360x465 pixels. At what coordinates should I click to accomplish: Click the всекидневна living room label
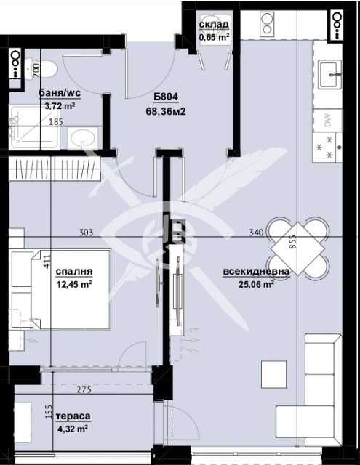point(257,272)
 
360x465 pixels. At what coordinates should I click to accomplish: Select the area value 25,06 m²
point(255,285)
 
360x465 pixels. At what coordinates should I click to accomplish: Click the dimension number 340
point(255,232)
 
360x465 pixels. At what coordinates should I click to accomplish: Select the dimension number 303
point(87,232)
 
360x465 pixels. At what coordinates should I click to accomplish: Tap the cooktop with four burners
point(329,146)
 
